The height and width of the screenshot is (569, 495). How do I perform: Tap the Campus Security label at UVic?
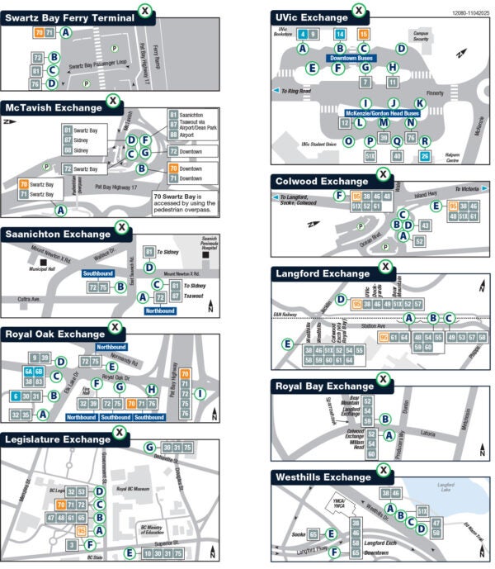[421, 36]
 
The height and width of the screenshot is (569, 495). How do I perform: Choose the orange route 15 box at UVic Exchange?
[365, 34]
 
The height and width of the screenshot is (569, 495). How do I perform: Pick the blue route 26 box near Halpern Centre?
[425, 155]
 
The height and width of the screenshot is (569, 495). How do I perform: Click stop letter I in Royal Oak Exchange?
[200, 394]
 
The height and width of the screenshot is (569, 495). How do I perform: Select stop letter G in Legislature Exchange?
[149, 448]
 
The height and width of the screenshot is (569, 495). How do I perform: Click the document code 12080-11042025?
[469, 14]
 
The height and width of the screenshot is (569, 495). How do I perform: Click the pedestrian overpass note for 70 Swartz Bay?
[185, 202]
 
